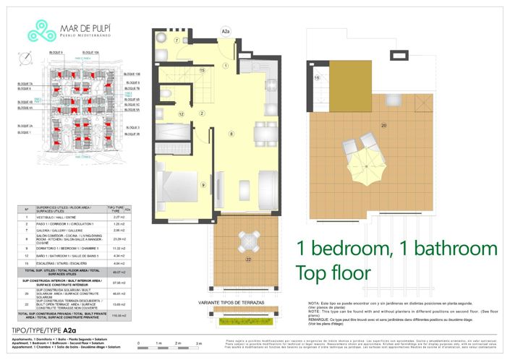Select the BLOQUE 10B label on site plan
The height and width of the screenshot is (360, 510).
[x=131, y=74]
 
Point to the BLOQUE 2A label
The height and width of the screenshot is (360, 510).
[x=25, y=125]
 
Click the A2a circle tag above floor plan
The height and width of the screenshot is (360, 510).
[x=225, y=32]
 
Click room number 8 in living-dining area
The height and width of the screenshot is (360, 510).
[x=231, y=134]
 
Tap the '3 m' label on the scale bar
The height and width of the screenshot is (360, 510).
[x=218, y=343]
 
